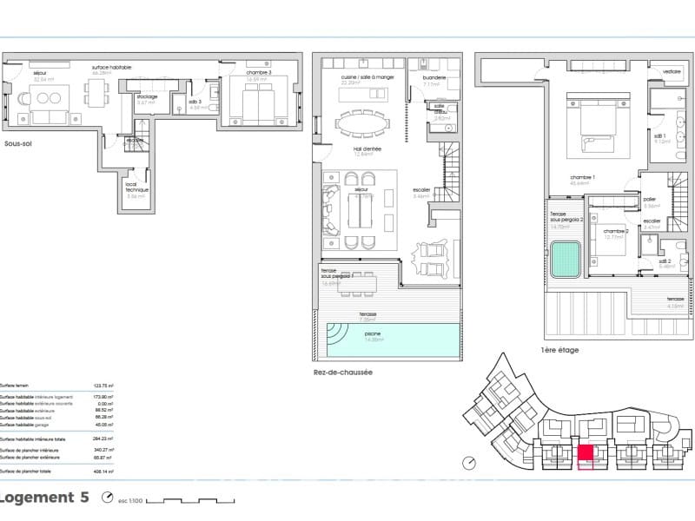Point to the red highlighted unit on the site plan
click(x=586, y=452)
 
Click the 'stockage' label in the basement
click(x=147, y=96)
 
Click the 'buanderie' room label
click(x=434, y=77)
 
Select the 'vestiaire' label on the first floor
click(x=672, y=71)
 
